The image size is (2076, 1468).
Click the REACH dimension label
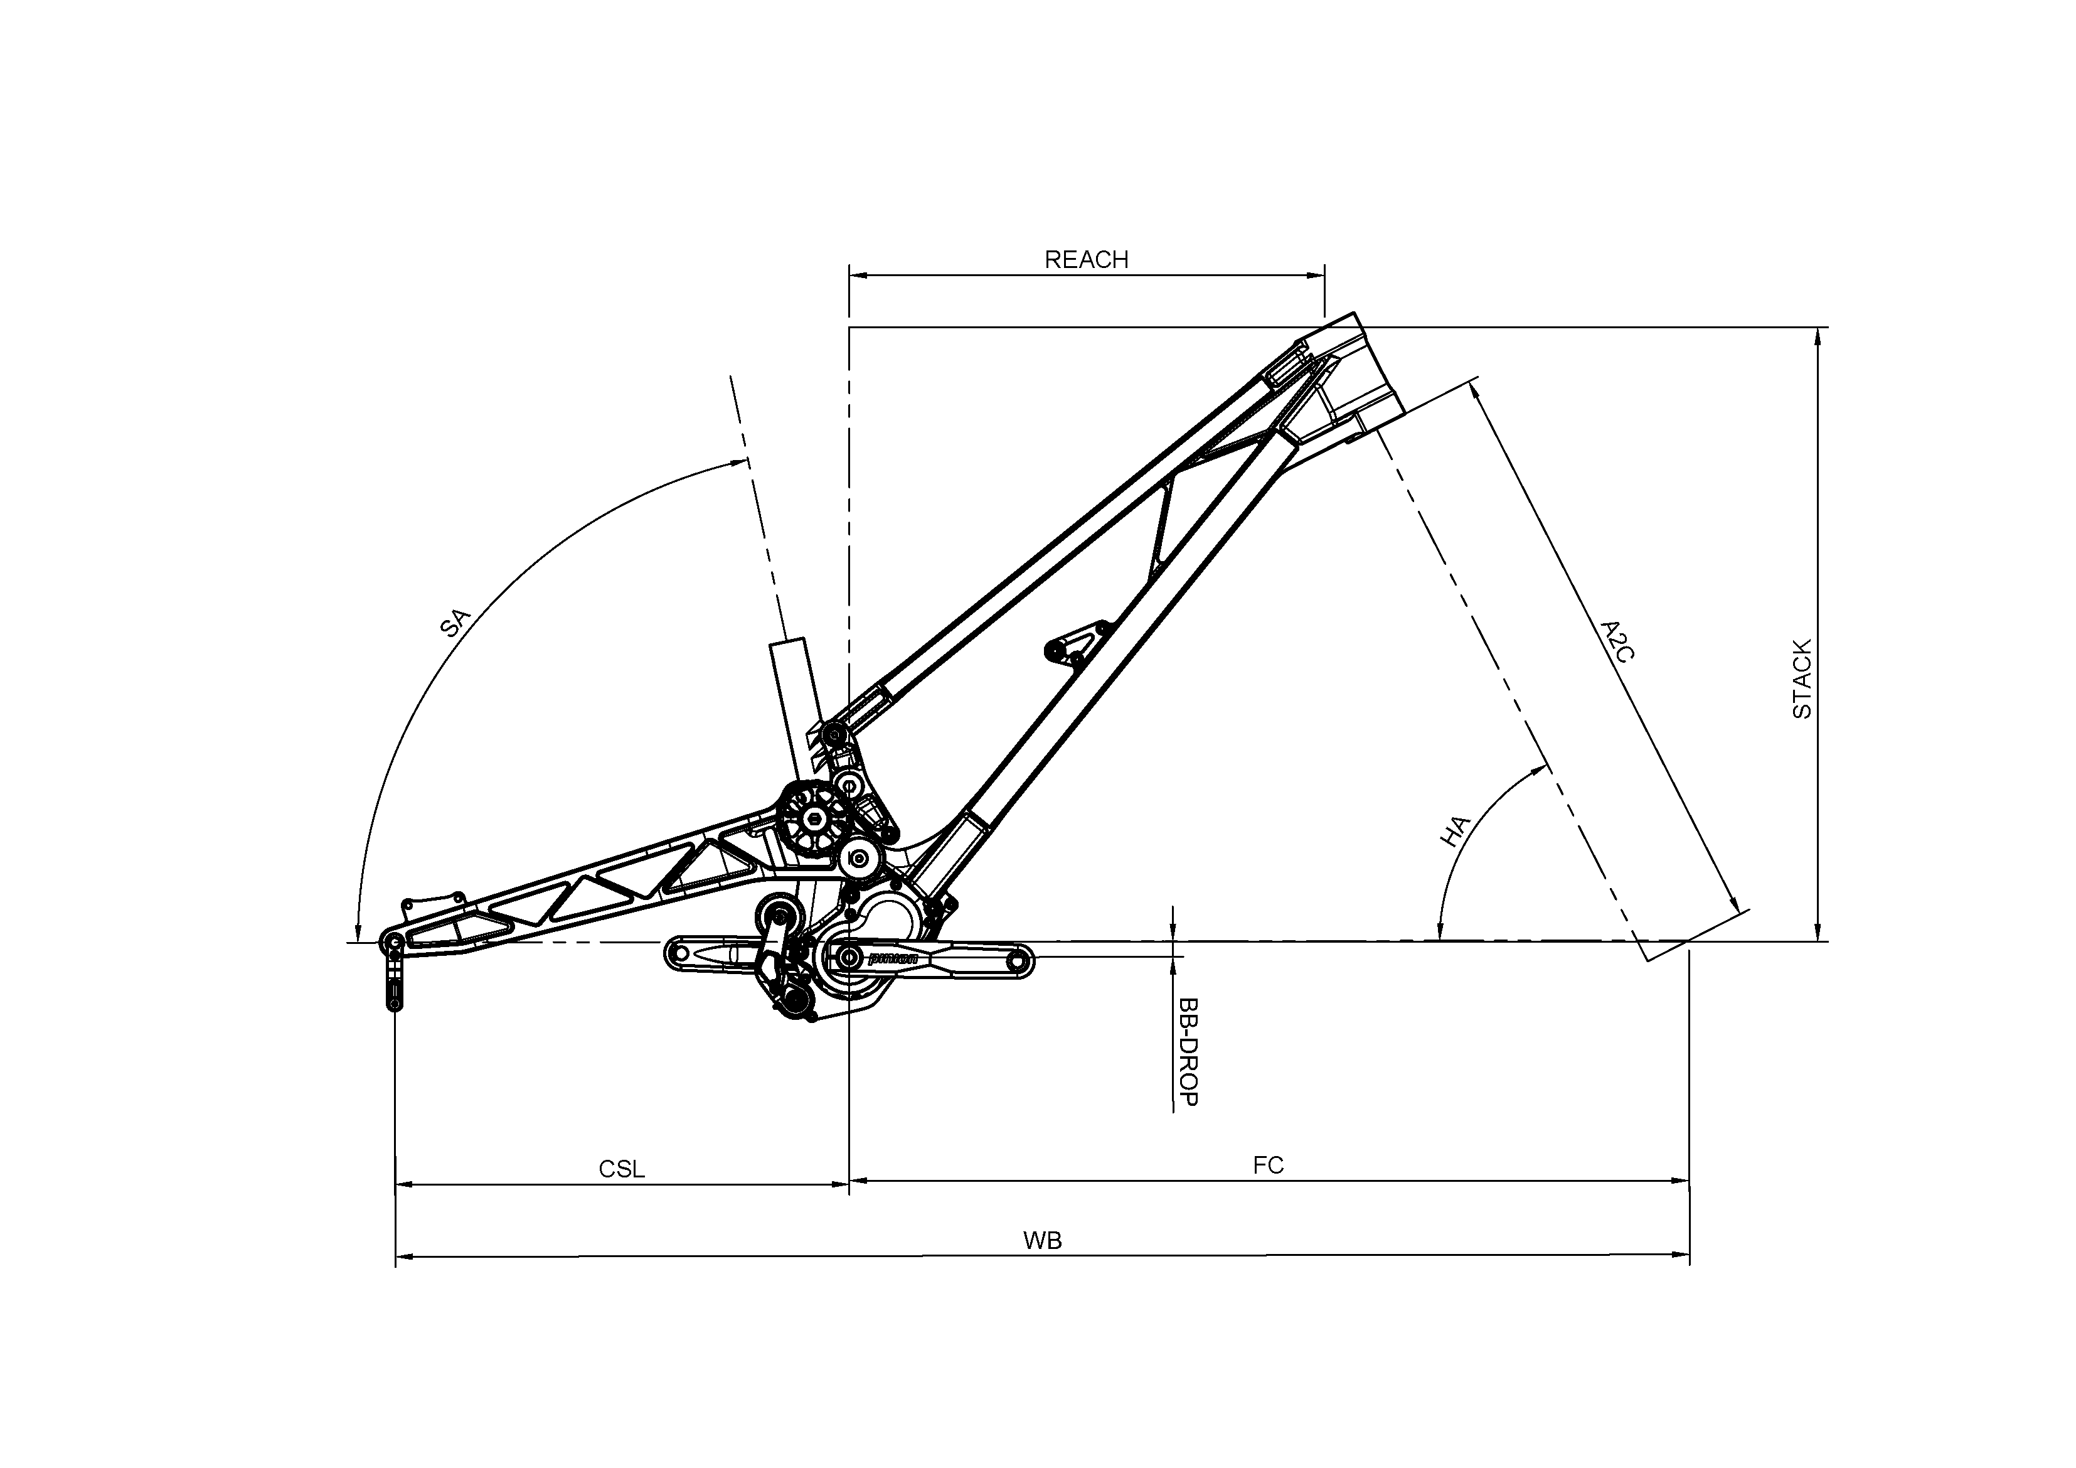(x=1086, y=260)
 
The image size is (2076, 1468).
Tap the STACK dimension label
(x=1802, y=679)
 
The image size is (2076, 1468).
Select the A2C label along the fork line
(x=1617, y=641)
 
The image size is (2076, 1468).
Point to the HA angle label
(x=1455, y=831)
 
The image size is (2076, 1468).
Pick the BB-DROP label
(x=1188, y=1052)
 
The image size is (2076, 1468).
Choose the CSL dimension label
(x=622, y=1169)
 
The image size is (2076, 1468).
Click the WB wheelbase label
(x=1043, y=1241)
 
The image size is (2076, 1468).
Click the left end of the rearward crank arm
(x=679, y=953)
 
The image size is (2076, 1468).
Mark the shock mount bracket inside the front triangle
(x=1076, y=643)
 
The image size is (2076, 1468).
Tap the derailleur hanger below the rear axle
(x=394, y=982)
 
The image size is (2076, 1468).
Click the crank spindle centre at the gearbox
(x=849, y=957)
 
